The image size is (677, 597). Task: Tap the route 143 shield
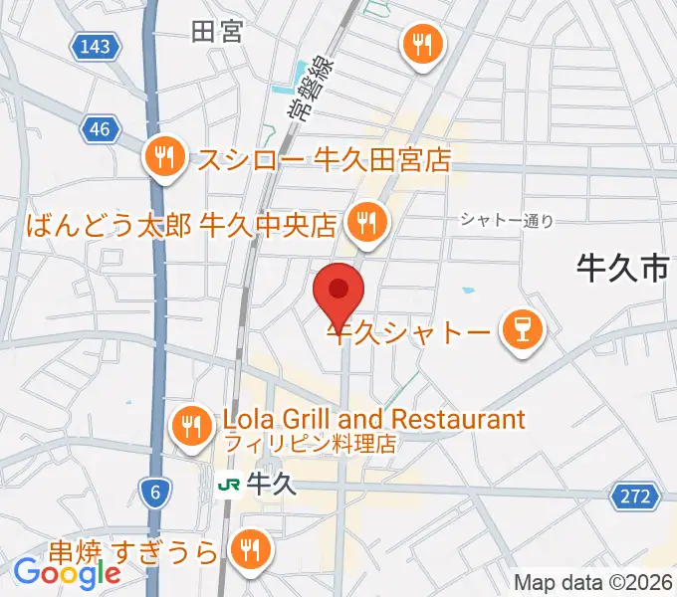(96, 45)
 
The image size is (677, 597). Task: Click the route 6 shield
(152, 490)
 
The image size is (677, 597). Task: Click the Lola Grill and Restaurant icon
(191, 426)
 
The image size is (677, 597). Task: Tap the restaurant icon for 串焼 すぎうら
(248, 548)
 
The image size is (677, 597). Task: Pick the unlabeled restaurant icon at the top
(422, 43)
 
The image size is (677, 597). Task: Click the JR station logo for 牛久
(229, 485)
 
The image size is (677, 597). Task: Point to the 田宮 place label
(216, 32)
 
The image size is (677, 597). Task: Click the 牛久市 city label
(621, 267)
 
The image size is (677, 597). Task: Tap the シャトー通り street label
(506, 221)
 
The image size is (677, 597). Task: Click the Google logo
(67, 573)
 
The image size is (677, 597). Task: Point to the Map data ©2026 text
(593, 583)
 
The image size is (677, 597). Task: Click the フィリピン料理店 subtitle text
(310, 442)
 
